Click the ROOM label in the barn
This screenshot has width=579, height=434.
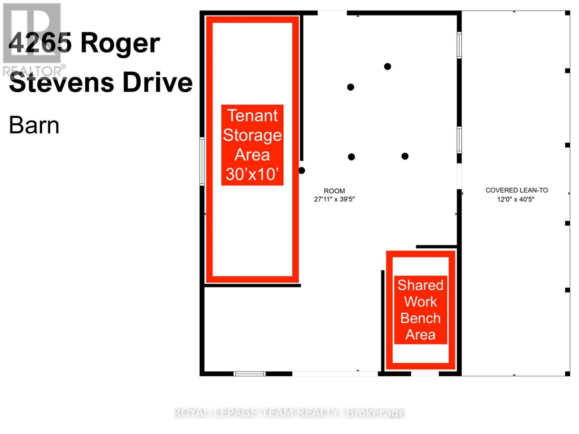click(x=334, y=191)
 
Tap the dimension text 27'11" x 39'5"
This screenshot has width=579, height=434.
click(x=334, y=199)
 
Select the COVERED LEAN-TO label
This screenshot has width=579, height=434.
click(x=516, y=190)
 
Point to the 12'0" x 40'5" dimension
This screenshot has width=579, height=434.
click(x=515, y=199)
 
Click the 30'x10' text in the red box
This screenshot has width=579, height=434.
click(x=252, y=174)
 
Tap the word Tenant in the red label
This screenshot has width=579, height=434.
click(x=252, y=116)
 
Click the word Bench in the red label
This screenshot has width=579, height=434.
click(x=420, y=318)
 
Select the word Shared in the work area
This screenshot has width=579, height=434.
click(x=420, y=285)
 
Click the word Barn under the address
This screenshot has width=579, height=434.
click(x=34, y=125)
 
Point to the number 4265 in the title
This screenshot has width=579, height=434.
click(x=40, y=43)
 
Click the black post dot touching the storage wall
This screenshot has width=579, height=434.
click(x=301, y=170)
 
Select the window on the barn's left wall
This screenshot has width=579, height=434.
click(x=202, y=161)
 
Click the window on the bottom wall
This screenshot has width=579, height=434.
click(x=249, y=374)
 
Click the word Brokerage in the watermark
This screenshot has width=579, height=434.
click(x=376, y=413)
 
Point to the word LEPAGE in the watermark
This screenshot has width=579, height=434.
click(x=235, y=413)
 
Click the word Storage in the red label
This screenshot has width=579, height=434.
click(x=252, y=135)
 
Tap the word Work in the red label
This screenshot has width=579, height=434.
click(x=420, y=302)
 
